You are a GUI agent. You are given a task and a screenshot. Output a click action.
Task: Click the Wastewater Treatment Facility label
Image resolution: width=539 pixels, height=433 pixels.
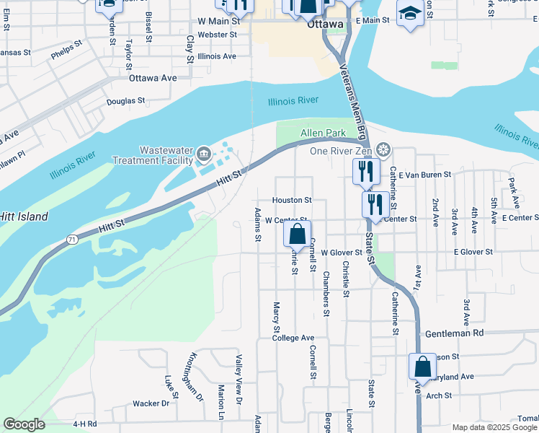(x=152, y=154)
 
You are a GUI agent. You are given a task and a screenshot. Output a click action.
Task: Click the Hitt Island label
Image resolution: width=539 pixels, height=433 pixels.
(x=24, y=216)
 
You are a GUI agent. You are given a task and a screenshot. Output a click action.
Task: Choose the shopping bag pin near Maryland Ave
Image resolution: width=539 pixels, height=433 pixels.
(x=422, y=365)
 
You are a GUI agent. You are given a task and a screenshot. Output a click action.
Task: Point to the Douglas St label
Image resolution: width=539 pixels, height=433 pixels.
(x=126, y=102)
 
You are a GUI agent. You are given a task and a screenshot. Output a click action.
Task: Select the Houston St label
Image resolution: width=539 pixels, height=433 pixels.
(x=291, y=200)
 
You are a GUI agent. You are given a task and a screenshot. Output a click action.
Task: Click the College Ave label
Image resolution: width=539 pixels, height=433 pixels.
(x=293, y=338)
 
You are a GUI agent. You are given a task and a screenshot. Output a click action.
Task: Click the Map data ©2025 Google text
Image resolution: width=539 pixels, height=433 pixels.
(x=494, y=427)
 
